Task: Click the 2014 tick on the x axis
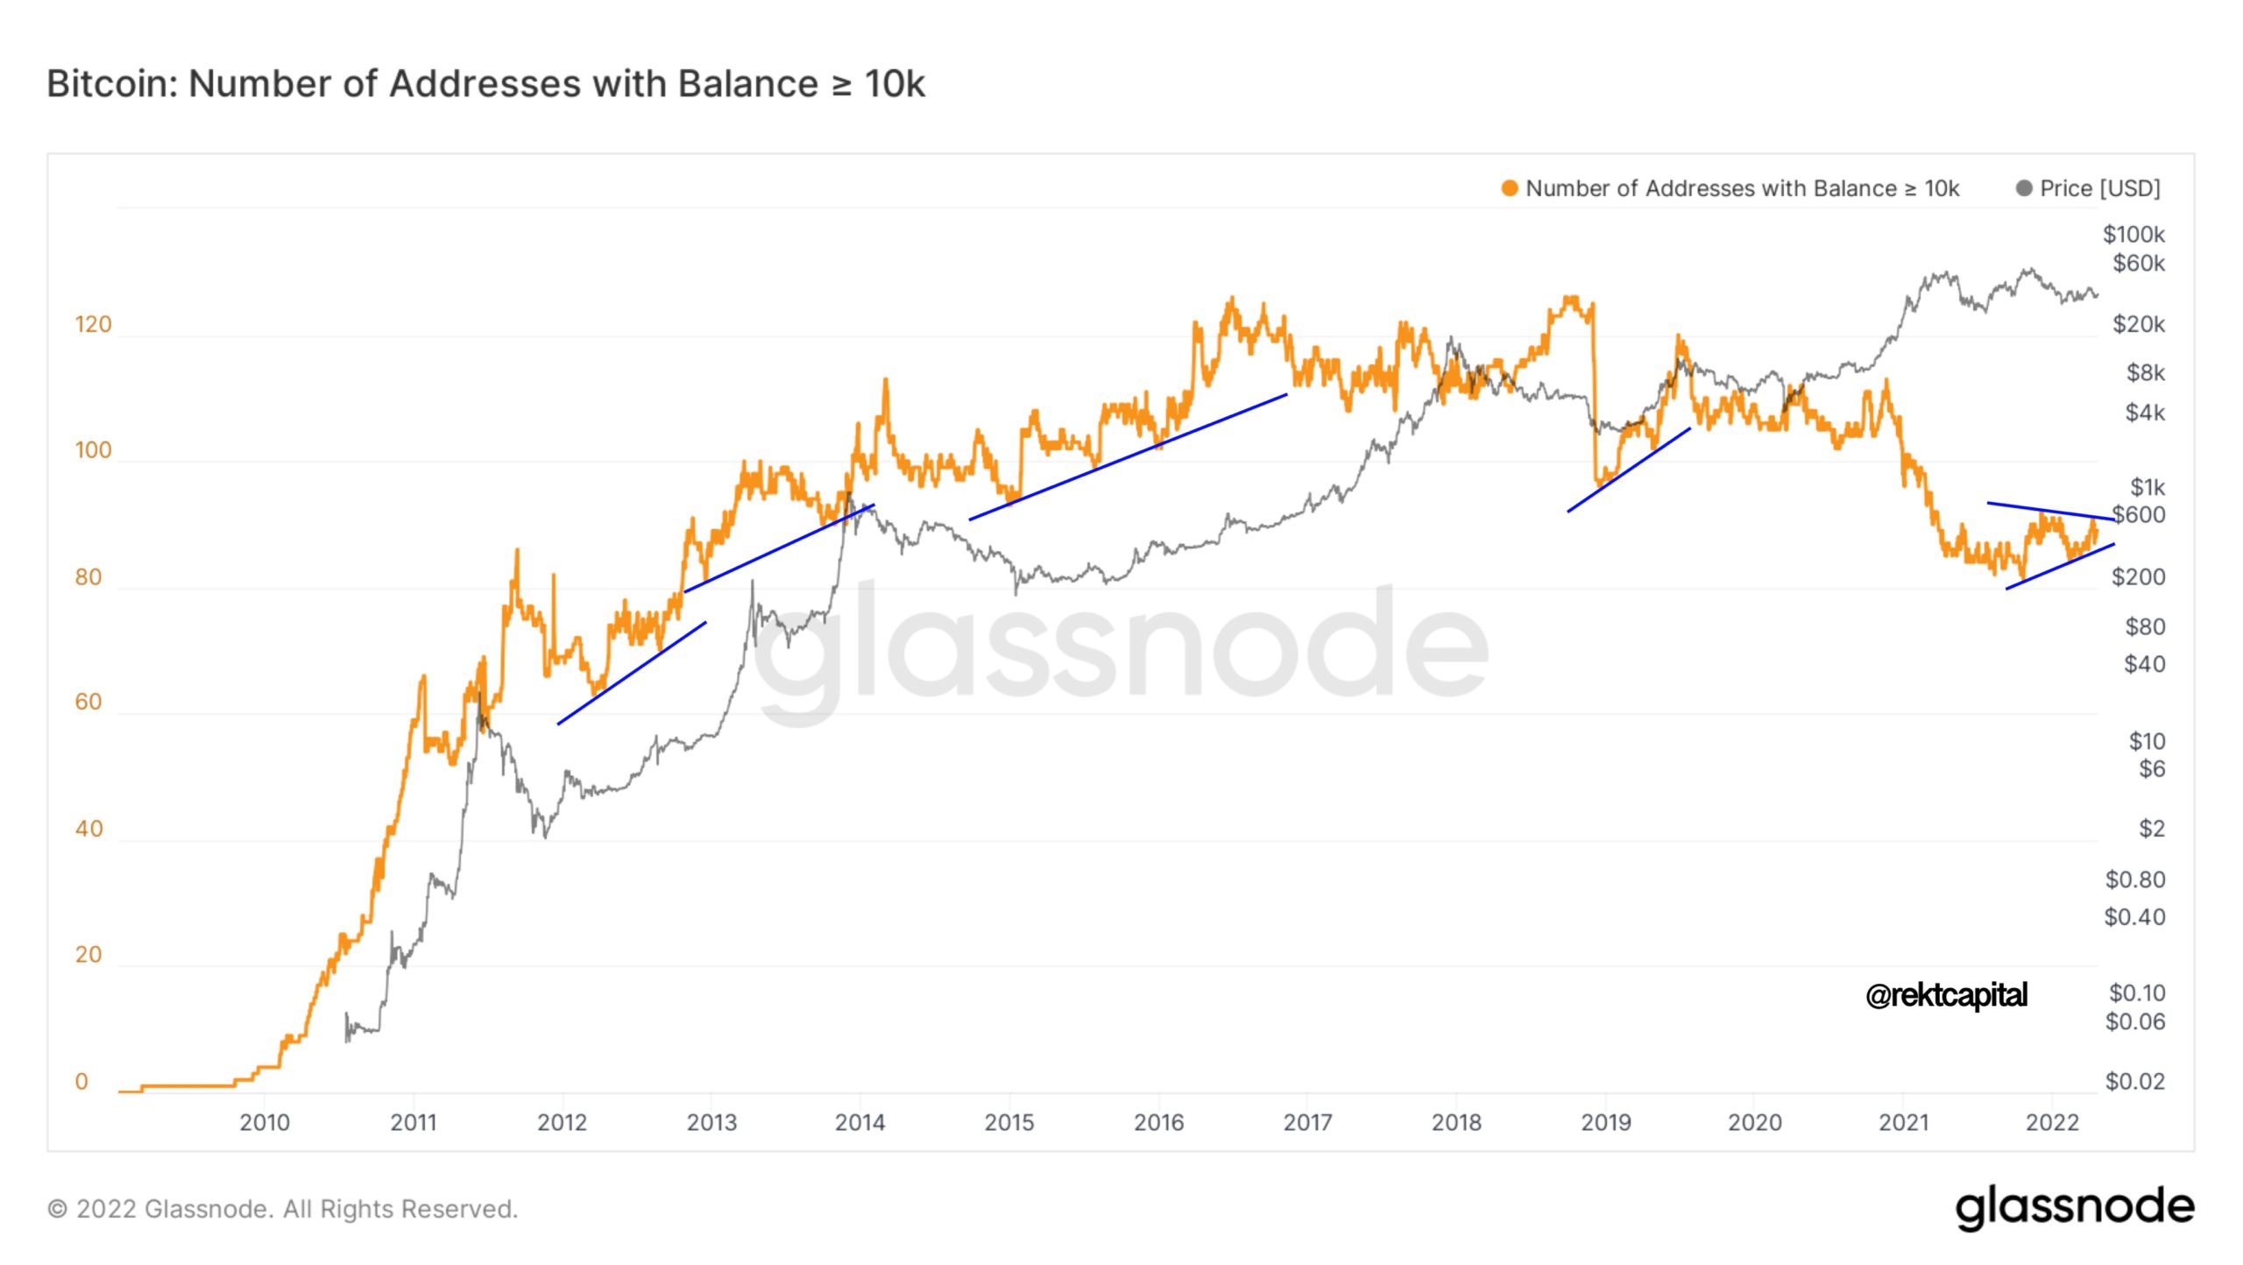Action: point(860,1122)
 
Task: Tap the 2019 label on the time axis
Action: point(1605,1122)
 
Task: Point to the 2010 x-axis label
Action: point(265,1122)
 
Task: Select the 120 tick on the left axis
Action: point(93,325)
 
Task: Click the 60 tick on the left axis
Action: point(88,703)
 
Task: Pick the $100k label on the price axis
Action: point(2133,235)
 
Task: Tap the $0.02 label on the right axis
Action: point(2134,1082)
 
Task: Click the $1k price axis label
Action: point(2147,487)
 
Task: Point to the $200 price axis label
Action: point(2138,577)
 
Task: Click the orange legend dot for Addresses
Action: point(1509,188)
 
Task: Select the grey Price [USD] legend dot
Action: point(2024,188)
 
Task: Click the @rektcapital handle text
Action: point(1946,995)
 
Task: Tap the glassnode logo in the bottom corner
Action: point(2075,1207)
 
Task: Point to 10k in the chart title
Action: point(895,84)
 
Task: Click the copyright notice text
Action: point(282,1209)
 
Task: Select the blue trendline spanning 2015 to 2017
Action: point(1128,456)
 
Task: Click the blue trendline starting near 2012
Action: point(632,673)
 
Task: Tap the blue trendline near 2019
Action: point(1628,470)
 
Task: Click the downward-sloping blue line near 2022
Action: point(2050,511)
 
